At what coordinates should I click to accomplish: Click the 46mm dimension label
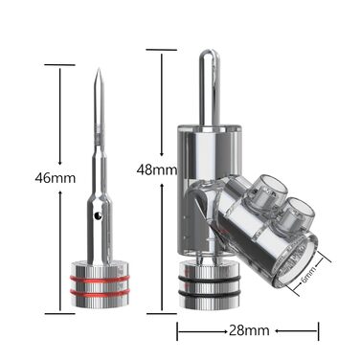(56, 178)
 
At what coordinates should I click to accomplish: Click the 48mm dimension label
(156, 169)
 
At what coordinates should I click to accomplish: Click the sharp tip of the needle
(100, 69)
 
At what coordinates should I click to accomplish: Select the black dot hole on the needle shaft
(98, 216)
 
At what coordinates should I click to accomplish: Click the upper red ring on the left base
(100, 279)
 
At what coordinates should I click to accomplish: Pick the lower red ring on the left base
(100, 292)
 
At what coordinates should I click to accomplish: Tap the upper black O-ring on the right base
(209, 280)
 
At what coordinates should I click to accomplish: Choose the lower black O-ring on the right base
(209, 293)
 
